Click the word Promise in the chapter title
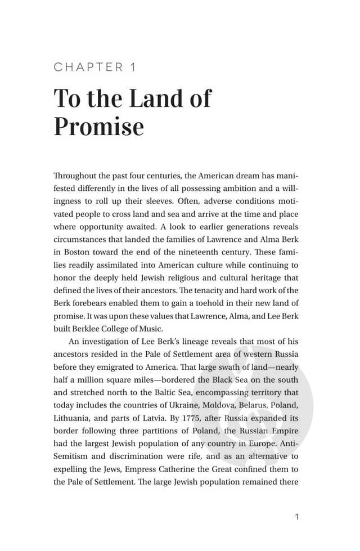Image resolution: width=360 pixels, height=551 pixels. point(98,127)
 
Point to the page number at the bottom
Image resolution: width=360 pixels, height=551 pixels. point(296,517)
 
